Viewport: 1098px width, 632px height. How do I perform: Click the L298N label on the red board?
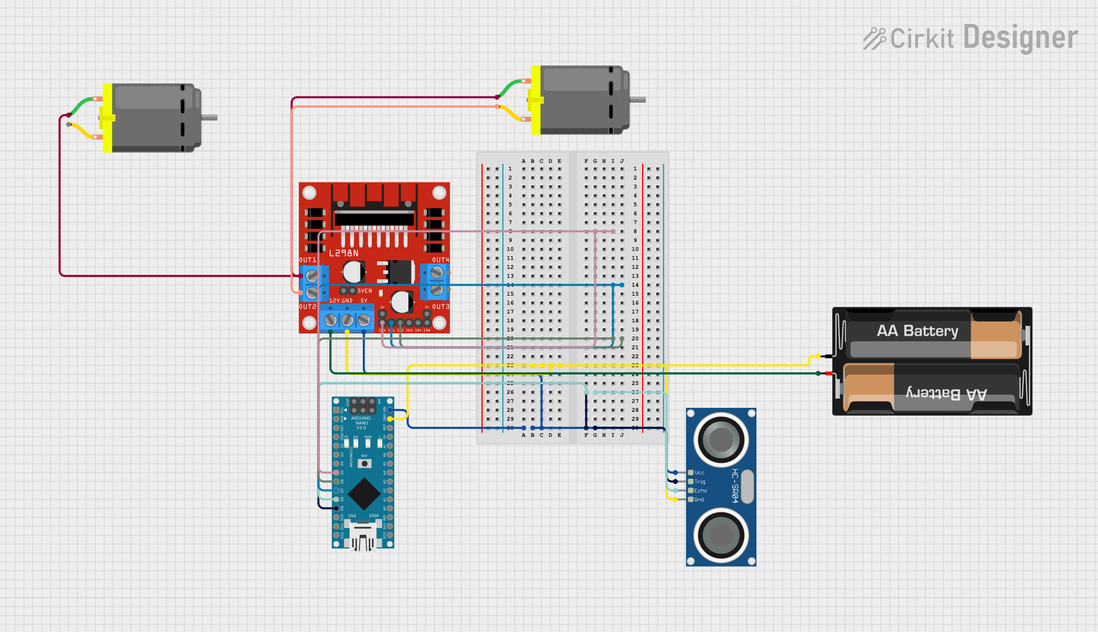(344, 253)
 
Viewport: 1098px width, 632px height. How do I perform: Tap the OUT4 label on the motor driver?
(440, 260)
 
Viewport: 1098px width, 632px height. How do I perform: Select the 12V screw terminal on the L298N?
(330, 320)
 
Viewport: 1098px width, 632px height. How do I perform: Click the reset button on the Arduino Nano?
(364, 463)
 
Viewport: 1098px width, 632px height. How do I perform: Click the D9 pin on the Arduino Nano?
(336, 508)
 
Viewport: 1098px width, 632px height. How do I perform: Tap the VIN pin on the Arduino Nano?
(390, 410)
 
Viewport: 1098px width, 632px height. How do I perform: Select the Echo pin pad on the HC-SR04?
(691, 491)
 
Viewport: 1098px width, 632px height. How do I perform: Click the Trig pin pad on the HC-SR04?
(691, 482)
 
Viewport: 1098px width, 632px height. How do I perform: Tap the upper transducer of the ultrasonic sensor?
(721, 439)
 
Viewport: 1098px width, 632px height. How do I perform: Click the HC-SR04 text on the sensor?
(735, 486)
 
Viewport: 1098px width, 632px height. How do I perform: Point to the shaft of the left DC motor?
(210, 118)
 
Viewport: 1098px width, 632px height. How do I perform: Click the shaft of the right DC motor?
(638, 100)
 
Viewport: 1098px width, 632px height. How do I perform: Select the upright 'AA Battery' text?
(917, 331)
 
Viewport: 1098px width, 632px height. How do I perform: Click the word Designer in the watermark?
(1021, 38)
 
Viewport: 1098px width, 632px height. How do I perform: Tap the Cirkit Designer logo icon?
(874, 38)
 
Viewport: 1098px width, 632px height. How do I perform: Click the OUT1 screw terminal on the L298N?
(312, 276)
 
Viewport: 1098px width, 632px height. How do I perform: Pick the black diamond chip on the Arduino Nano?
(364, 494)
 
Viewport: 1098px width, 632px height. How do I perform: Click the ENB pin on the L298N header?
(427, 323)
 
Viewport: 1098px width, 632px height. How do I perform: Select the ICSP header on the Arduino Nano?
(363, 406)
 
